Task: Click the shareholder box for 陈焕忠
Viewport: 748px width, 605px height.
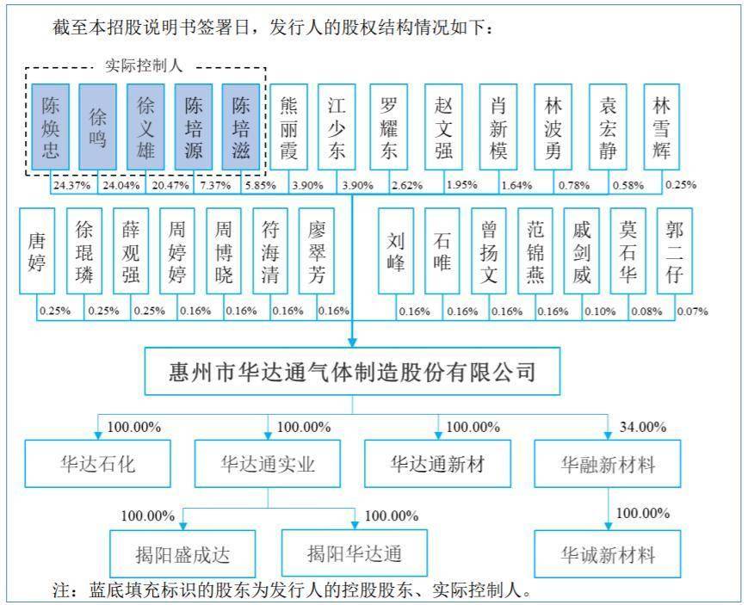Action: pyautogui.click(x=50, y=127)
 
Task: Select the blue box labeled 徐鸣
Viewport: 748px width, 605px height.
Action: pyautogui.click(x=98, y=127)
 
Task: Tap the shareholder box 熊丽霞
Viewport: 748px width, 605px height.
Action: pyautogui.click(x=288, y=127)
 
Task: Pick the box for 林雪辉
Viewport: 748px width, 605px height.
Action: pyautogui.click(x=662, y=127)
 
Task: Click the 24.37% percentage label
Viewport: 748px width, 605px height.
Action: pyautogui.click(x=71, y=185)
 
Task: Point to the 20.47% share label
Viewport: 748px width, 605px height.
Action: pyautogui.click(x=170, y=185)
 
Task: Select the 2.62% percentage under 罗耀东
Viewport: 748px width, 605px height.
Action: pyautogui.click(x=407, y=185)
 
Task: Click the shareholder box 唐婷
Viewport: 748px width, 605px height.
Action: pyautogui.click(x=37, y=251)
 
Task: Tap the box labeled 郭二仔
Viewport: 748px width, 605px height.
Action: pyautogui.click(x=675, y=251)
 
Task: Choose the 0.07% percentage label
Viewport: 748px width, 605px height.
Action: pyautogui.click(x=692, y=312)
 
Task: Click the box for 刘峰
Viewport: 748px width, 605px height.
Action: pyautogui.click(x=396, y=251)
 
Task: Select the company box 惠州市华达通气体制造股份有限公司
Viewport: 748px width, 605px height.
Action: pyautogui.click(x=353, y=371)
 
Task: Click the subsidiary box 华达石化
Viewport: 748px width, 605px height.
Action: pyautogui.click(x=98, y=463)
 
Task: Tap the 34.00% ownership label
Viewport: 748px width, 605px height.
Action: pyautogui.click(x=643, y=427)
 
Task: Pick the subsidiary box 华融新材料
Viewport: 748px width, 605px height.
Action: pyautogui.click(x=608, y=463)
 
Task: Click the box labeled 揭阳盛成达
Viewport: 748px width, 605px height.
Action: pyautogui.click(x=182, y=554)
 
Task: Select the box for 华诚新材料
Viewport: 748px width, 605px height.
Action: pyautogui.click(x=608, y=554)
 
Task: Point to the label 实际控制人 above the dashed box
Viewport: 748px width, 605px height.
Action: pyautogui.click(x=144, y=66)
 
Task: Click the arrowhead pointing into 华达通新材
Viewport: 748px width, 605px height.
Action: pyautogui.click(x=438, y=435)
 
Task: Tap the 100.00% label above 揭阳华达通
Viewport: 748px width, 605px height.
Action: pyautogui.click(x=392, y=515)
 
